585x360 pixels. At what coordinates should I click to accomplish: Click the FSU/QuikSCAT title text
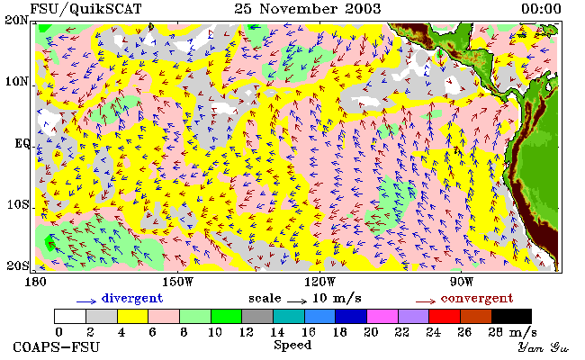[85, 9]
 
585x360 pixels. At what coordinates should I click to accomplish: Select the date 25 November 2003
[308, 9]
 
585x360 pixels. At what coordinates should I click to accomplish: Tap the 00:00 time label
[541, 9]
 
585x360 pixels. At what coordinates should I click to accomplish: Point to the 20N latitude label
[16, 20]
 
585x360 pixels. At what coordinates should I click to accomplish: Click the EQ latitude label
[22, 144]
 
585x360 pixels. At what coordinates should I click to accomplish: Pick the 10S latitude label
[18, 205]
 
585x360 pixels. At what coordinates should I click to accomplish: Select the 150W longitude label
[178, 282]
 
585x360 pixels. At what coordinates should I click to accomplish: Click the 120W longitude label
[319, 282]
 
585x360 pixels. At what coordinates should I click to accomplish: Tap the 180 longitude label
[35, 282]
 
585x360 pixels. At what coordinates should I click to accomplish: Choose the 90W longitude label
[462, 282]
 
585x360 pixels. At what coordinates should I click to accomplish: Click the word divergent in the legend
[132, 299]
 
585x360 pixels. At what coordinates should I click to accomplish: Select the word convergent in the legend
[477, 299]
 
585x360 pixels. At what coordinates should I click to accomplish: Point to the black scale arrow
[297, 301]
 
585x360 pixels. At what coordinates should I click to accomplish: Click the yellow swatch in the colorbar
[133, 317]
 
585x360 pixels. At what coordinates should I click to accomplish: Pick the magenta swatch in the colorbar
[382, 317]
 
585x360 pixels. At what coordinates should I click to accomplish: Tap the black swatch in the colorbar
[511, 317]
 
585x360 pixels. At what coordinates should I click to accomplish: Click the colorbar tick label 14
[277, 332]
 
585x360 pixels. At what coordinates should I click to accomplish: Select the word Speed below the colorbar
[292, 346]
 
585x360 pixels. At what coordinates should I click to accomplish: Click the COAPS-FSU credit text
[57, 347]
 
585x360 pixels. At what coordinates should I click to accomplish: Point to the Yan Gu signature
[544, 348]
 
